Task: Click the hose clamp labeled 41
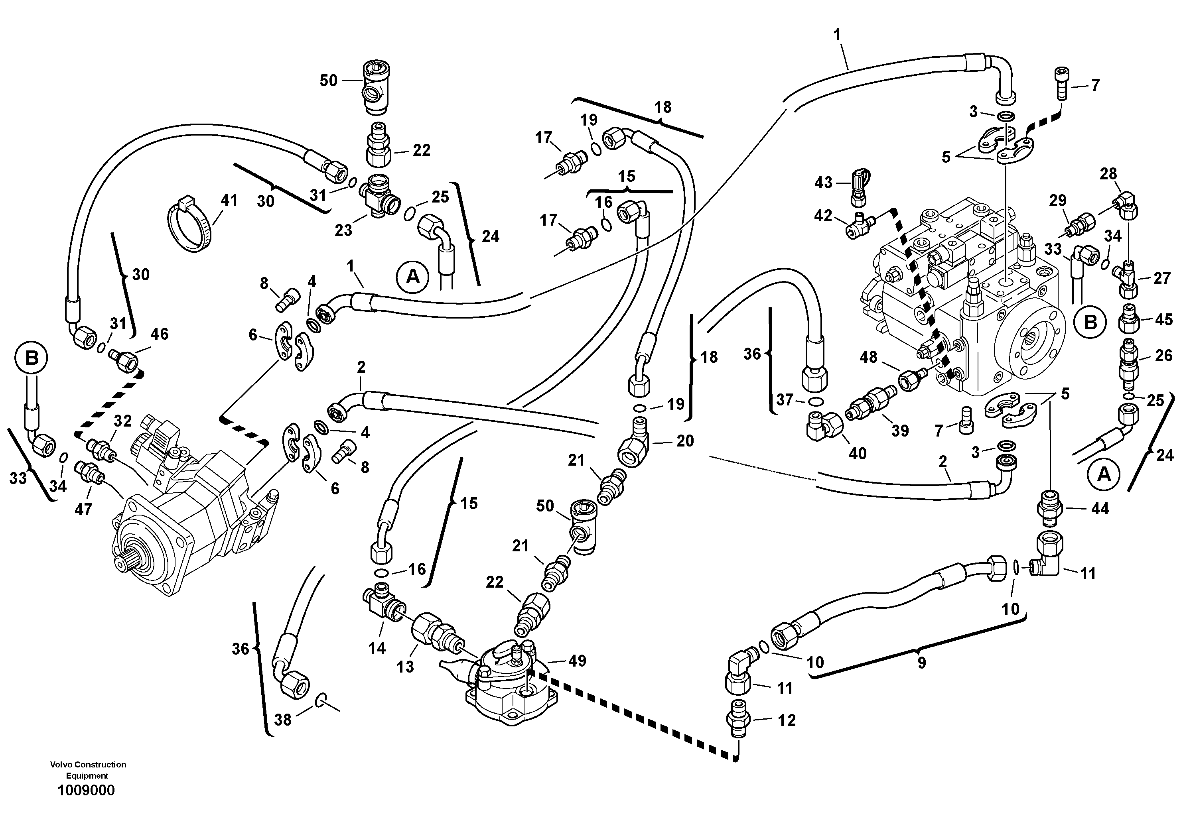coord(190,225)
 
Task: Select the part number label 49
coord(577,660)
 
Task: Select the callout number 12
coord(787,720)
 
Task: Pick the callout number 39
coord(900,431)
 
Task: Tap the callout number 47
coord(83,509)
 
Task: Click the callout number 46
coord(159,334)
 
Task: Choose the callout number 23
coord(343,230)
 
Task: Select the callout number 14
coord(377,648)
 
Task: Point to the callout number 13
coord(405,667)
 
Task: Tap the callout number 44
coord(1100,509)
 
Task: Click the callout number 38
coord(283,720)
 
